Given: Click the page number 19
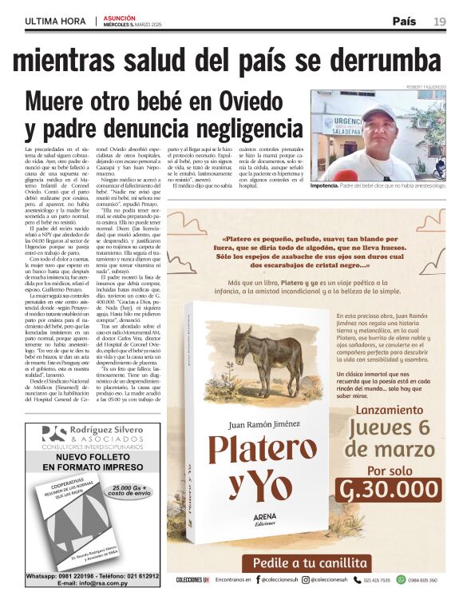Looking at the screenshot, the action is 440,22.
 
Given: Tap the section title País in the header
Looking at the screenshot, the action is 407,22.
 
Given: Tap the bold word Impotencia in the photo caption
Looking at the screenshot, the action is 331,185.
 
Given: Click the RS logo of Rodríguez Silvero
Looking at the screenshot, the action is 53,434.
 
